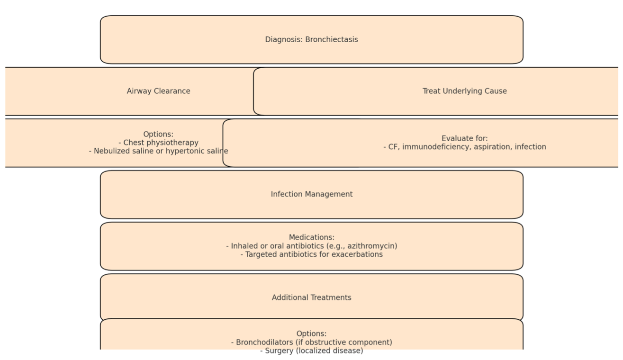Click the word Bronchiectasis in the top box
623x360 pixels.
pos(332,39)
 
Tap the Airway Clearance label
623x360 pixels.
pos(159,91)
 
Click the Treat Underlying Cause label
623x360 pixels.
pos(465,91)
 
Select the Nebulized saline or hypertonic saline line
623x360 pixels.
pos(159,151)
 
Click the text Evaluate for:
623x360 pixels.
pos(465,138)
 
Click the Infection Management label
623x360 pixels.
pos(312,194)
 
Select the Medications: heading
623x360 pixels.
pos(312,237)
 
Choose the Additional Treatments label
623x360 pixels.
pos(312,297)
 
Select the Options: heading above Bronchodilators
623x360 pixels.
pos(312,333)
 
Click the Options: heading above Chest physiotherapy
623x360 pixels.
pos(159,134)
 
